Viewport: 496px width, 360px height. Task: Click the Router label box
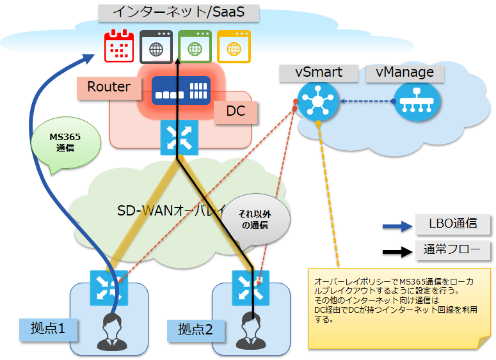(x=109, y=88)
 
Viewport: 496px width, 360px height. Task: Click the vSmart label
(x=318, y=72)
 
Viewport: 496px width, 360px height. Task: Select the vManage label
(x=404, y=72)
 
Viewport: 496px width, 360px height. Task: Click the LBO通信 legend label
(x=453, y=224)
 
